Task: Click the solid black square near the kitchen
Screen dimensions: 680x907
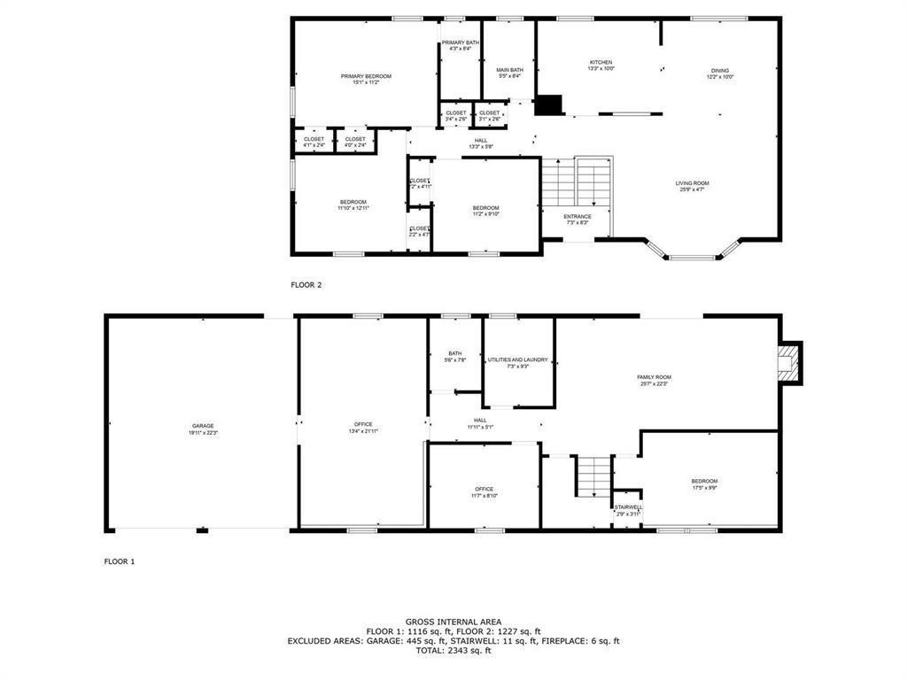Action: pos(549,104)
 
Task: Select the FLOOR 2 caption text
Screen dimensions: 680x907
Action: pos(306,285)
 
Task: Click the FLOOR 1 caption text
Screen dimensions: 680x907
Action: pos(120,561)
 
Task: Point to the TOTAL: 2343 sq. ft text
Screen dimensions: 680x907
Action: pos(453,651)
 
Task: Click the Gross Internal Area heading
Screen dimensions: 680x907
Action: pos(453,622)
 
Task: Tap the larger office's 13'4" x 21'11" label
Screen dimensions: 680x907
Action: pos(363,428)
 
